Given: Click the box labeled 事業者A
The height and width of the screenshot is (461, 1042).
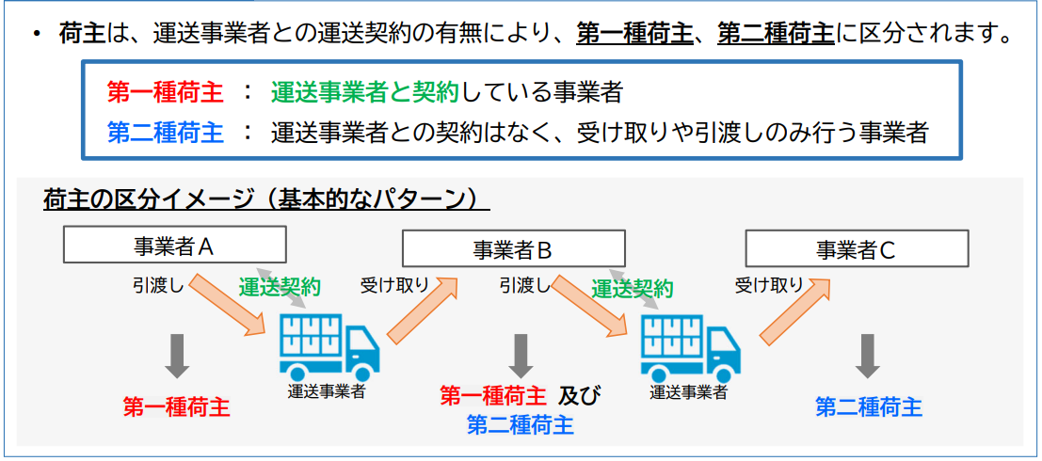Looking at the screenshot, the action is (175, 245).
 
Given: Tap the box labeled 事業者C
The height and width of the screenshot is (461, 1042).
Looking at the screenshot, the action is (857, 248).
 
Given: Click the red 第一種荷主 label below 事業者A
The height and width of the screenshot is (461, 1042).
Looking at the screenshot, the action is (177, 406).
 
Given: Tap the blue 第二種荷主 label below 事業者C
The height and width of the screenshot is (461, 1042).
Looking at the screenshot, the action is (869, 407).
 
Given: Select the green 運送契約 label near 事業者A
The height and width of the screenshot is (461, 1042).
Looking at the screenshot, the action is (280, 287).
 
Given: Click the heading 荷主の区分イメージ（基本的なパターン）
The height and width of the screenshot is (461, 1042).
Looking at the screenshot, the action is (265, 199).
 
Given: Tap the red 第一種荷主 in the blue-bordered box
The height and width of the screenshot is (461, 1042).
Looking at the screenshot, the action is (165, 93).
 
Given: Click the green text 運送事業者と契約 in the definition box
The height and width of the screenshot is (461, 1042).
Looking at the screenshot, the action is (365, 93).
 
